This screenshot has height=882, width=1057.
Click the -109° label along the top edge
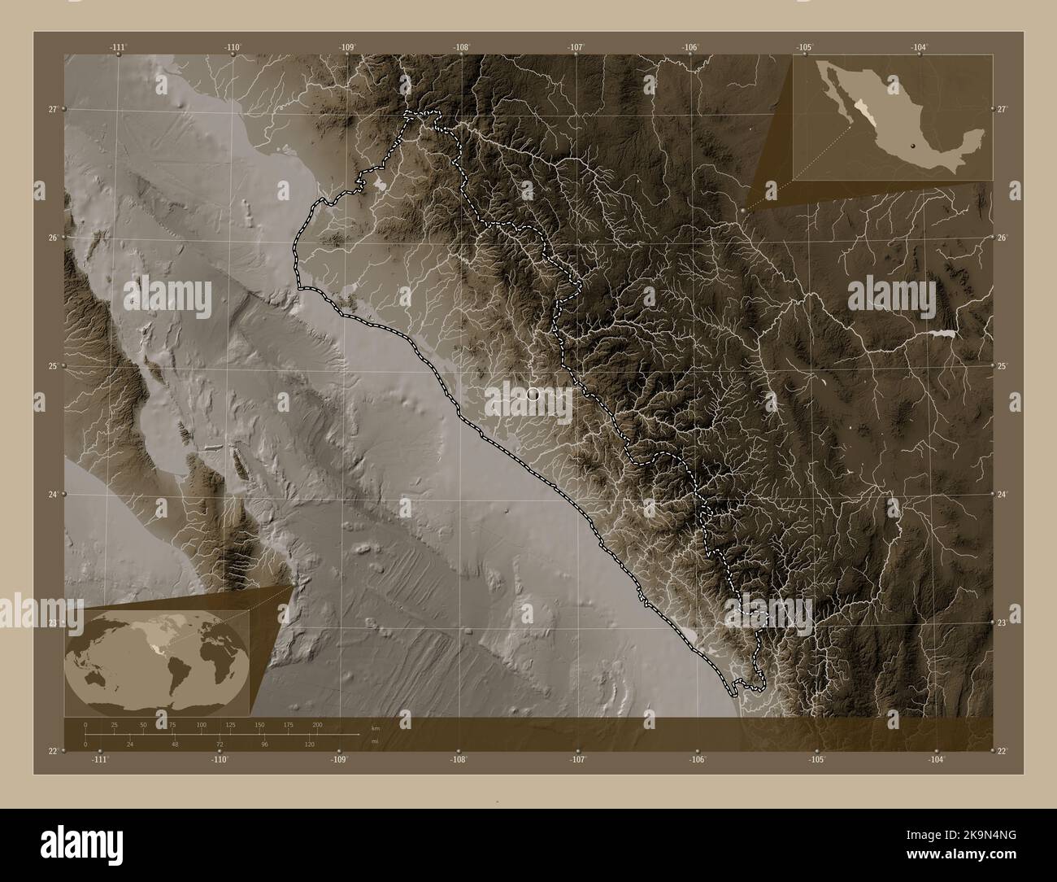[x=348, y=48]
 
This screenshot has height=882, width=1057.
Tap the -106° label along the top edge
[x=691, y=48]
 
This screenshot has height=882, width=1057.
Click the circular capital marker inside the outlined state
[x=533, y=394]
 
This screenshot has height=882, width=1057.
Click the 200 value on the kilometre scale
[x=317, y=724]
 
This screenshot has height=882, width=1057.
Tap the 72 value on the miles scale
[x=219, y=744]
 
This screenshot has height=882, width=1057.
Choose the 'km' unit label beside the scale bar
[x=375, y=728]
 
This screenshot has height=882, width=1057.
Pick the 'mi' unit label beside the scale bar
[x=374, y=740]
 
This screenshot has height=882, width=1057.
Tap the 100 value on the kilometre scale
[x=201, y=724]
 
